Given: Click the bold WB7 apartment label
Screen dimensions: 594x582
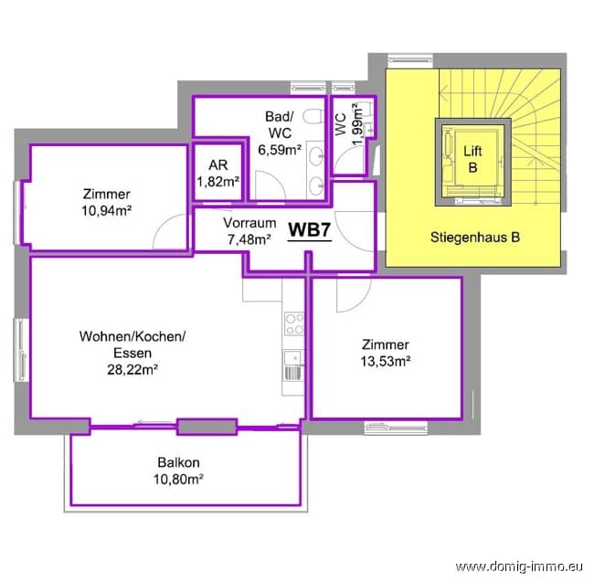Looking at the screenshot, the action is (310, 229).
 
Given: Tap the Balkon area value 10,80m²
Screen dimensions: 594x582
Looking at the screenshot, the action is (178, 480).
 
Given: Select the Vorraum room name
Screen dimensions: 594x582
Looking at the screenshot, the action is (249, 223).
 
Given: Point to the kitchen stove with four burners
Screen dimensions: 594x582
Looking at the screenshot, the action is (294, 323).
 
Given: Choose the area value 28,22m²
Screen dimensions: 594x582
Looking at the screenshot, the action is (133, 369).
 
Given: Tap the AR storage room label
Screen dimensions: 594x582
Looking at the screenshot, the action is (218, 165).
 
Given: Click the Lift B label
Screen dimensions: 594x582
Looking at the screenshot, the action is (472, 159).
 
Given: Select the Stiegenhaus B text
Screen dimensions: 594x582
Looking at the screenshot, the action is (475, 238).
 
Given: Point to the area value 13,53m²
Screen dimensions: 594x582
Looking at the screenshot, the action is (386, 361).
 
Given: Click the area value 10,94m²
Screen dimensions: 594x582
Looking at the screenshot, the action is (107, 210).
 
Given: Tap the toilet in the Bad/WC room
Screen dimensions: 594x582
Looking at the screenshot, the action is (313, 116).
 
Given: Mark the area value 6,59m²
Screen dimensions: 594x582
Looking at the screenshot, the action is (280, 150).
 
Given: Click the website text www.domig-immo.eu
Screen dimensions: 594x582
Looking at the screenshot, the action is (519, 566).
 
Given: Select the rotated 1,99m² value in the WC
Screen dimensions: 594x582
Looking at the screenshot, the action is (357, 124).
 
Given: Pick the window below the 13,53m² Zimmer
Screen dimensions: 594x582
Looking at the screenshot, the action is (396, 428).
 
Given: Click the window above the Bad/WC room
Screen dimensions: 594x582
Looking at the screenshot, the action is (308, 88).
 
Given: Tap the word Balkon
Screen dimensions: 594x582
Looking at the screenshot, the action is (178, 462).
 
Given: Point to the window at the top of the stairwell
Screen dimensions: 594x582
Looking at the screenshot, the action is (410, 59).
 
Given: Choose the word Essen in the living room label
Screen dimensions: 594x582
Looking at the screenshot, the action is (133, 353).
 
